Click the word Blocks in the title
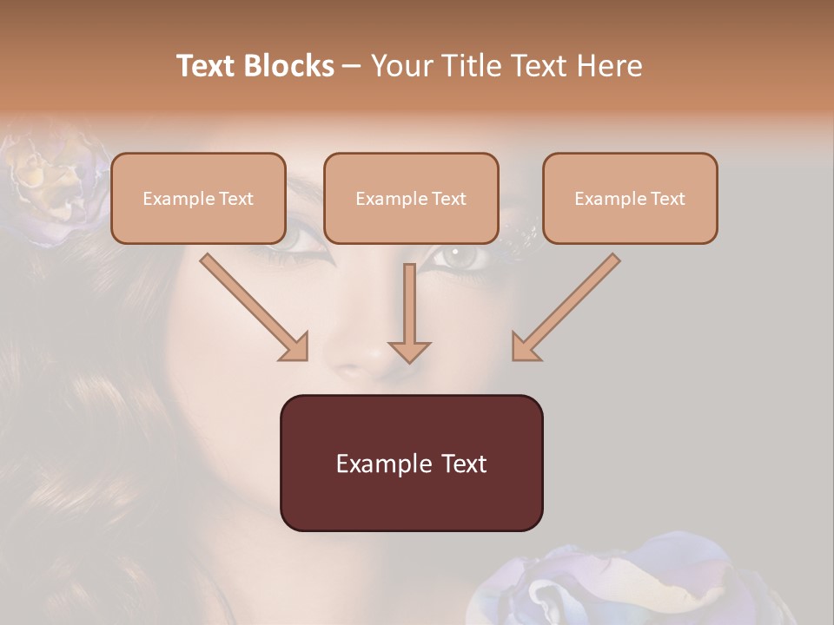pos(288,66)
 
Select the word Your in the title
pos(402,66)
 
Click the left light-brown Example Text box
pos(198,198)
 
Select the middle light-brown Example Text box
pos(411,198)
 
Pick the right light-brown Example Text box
pos(630,198)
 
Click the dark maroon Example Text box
pos(411,463)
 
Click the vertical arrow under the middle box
pos(409,312)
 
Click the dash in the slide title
pos(352,66)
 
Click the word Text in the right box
pos(667,198)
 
